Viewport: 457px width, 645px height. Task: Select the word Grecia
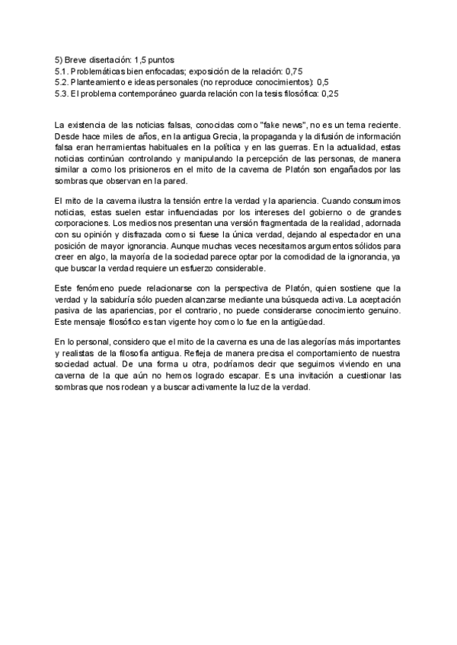[222, 136]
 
